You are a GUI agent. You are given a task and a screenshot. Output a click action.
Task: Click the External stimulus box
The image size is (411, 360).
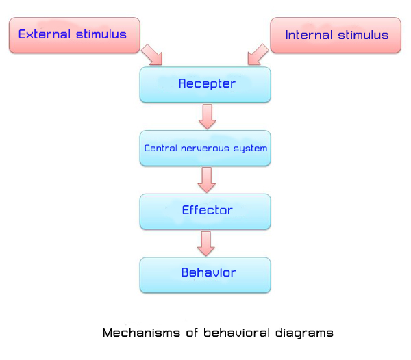[x=75, y=36]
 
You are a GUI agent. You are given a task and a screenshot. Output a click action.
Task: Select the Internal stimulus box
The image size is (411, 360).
[x=336, y=36]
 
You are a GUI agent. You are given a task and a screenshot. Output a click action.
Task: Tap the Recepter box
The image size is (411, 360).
[x=206, y=85]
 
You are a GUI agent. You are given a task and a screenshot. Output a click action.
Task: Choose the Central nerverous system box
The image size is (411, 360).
[x=206, y=149]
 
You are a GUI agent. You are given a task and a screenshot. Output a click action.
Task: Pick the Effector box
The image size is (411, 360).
[x=206, y=211]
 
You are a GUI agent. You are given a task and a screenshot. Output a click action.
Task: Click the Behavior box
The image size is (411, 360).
[x=206, y=275]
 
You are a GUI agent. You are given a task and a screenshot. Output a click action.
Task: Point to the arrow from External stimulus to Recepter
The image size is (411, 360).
[x=153, y=55]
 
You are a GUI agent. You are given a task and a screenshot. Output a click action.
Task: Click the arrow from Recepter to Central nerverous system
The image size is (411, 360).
[x=208, y=117]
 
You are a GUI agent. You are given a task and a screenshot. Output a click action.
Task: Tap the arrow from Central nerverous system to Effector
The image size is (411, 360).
[x=207, y=180]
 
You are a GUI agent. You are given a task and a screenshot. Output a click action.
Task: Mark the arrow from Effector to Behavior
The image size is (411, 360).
[x=206, y=244]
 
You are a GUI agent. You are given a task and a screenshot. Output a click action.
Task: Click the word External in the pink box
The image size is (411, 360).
[x=45, y=34]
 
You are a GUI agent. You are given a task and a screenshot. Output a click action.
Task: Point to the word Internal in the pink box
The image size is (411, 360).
[x=309, y=35]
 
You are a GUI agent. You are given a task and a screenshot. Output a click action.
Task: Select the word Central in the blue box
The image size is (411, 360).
[x=161, y=149]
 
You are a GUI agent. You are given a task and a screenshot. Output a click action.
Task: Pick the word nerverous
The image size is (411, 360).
[x=205, y=149]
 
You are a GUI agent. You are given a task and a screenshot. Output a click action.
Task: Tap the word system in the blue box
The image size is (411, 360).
[x=250, y=149]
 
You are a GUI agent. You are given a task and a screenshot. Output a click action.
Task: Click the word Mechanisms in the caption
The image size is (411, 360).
[x=141, y=333]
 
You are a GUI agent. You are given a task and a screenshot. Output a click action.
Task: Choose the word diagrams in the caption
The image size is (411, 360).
[x=304, y=333]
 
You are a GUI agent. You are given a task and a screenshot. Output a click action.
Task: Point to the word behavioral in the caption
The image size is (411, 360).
[x=237, y=333]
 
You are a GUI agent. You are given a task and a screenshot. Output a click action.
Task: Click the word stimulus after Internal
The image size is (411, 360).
[x=363, y=35]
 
